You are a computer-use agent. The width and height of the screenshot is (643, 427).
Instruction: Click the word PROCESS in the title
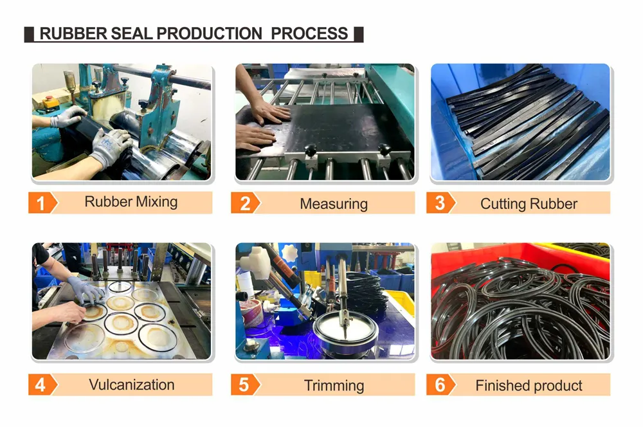pos(309,33)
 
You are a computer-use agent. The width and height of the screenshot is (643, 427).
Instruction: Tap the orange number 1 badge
pos(41,203)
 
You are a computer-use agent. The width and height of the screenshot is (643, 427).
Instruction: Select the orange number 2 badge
pos(245,203)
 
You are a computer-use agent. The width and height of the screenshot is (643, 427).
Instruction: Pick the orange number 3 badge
pos(440,203)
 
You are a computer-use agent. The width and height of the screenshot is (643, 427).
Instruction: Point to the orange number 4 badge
pos(41,385)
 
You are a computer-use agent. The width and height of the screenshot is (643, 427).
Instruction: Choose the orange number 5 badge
pos(244,385)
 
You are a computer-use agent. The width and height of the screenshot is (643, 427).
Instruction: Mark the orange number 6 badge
pos(440,385)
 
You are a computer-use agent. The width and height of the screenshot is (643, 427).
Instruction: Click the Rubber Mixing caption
pos(131,202)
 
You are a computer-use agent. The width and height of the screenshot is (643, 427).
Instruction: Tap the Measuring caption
pos(334,204)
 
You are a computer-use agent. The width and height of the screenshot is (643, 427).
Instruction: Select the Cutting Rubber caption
pos(529,204)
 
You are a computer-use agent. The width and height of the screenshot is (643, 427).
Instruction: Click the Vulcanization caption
pos(132,385)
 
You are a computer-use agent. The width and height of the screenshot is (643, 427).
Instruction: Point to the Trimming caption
pos(334,386)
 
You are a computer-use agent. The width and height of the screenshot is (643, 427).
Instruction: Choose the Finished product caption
pos(529,386)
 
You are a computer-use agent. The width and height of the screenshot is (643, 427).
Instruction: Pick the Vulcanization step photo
pos(122,301)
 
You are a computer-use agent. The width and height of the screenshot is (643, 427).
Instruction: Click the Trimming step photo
pos(325,301)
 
